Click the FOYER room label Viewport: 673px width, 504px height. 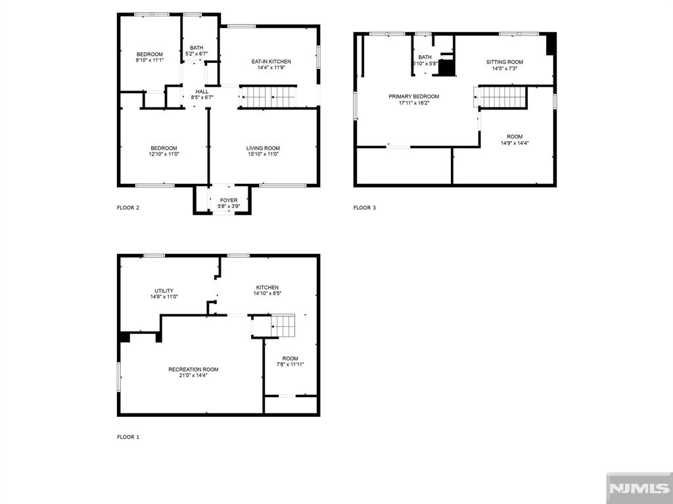229,200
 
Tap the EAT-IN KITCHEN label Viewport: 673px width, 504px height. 271,62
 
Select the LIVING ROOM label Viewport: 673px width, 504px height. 263,148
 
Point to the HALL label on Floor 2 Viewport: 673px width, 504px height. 202,92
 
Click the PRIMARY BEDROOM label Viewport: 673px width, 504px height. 414,96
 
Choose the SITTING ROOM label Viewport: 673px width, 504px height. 505,62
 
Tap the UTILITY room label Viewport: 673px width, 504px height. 164,291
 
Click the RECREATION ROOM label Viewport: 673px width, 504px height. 193,369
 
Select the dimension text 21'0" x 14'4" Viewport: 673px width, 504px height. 193,375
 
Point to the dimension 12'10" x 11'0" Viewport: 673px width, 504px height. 164,154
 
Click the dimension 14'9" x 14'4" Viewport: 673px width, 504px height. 515,143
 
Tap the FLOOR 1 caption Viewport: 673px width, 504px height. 128,437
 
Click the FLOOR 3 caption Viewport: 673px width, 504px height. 365,208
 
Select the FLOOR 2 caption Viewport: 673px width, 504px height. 128,208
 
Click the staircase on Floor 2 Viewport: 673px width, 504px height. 269,97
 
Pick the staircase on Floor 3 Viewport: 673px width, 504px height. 500,97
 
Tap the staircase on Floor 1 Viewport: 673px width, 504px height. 283,325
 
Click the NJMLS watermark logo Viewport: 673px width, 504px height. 639,488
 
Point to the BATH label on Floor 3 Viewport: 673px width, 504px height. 425,57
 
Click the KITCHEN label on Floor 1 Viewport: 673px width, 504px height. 267,287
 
